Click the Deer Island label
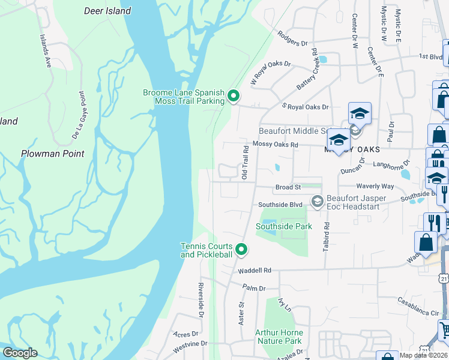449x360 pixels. click(108, 11)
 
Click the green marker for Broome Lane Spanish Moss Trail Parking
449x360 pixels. click(234, 96)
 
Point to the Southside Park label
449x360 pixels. click(284, 226)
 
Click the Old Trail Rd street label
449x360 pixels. click(245, 162)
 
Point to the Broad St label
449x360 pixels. click(288, 188)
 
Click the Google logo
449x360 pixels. click(20, 353)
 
